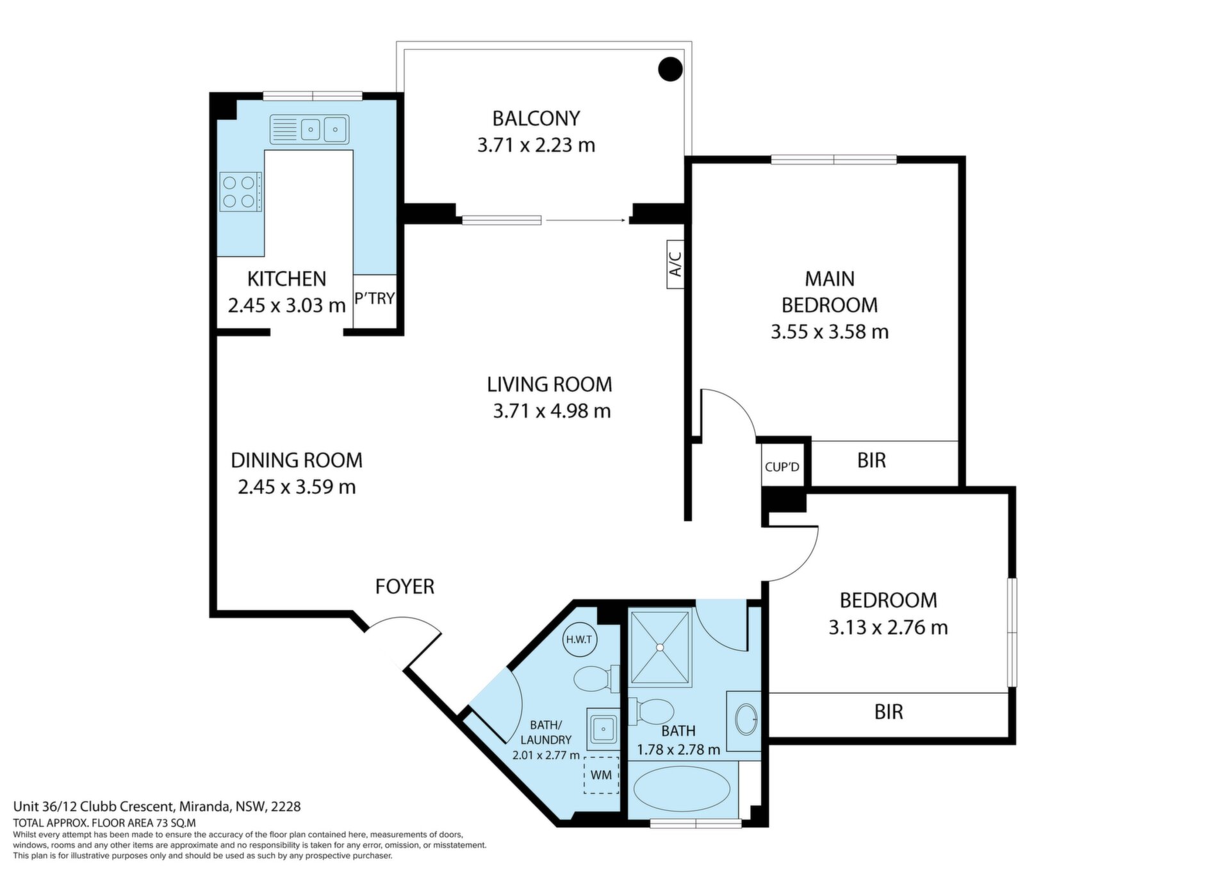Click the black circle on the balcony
point(670,69)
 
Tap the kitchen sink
point(309,129)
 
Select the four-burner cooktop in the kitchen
point(240,192)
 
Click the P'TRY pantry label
point(375,299)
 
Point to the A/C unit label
point(675,264)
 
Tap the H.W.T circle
point(579,639)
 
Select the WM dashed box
point(601,775)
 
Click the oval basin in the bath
point(746,719)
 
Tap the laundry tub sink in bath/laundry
point(602,728)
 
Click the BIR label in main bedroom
point(871,460)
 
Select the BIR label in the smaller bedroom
point(889,712)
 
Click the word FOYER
point(405,586)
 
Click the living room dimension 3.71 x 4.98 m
point(552,411)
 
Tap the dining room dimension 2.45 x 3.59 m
point(297,487)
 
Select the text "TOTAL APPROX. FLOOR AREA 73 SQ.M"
point(104,823)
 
